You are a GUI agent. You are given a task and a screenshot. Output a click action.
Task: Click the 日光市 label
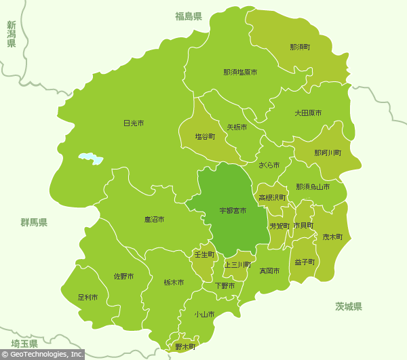[134, 123]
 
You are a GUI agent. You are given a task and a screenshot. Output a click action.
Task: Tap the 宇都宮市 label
[233, 212]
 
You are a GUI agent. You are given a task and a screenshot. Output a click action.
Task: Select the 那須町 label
[300, 47]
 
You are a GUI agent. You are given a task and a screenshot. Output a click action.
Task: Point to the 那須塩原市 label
[240, 72]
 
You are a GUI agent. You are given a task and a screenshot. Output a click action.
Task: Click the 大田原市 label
[308, 113]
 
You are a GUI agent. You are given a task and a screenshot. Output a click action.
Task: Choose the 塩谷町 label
[205, 136]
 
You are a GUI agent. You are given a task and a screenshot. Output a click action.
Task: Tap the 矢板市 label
[237, 127]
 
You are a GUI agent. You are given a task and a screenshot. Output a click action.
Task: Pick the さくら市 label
[269, 165]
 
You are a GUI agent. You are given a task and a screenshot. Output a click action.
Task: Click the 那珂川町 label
[328, 153]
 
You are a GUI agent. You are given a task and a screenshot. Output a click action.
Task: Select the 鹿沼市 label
[155, 220]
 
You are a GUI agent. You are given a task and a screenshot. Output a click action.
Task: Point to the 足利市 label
[88, 297]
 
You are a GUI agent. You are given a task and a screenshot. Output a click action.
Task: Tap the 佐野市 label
[123, 277]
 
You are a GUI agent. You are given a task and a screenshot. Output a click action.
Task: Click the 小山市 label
[204, 314]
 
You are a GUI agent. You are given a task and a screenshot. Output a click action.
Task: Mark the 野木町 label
[185, 346]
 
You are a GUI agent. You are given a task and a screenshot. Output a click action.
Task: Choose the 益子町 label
[305, 261]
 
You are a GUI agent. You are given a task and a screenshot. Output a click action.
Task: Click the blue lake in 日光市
[90, 159]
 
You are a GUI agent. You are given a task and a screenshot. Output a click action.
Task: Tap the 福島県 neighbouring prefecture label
[189, 16]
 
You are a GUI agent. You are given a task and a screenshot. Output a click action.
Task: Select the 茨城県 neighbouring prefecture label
[349, 306]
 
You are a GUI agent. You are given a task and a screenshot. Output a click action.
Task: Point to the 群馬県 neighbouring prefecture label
[34, 222]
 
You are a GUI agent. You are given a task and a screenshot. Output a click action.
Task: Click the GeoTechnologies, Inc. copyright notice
[42, 354]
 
